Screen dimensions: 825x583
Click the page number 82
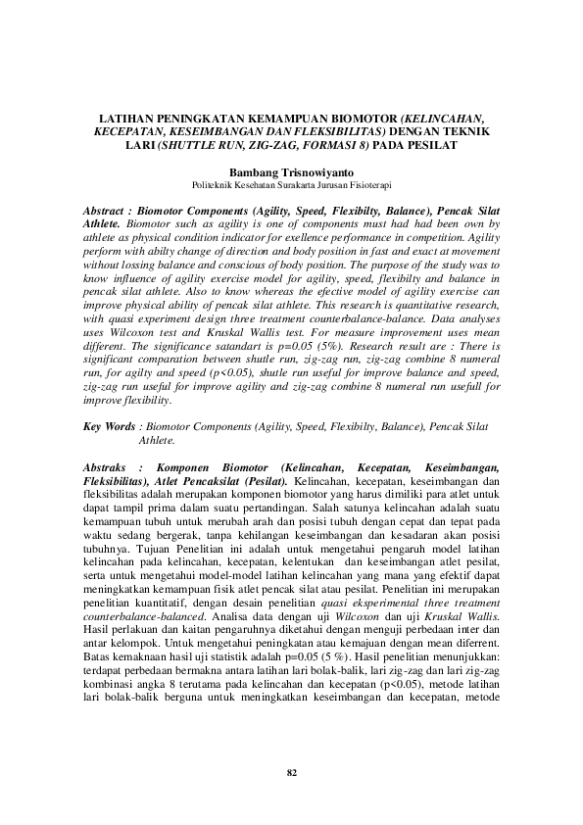[291, 772]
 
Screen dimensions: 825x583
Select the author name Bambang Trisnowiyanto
[291, 170]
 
